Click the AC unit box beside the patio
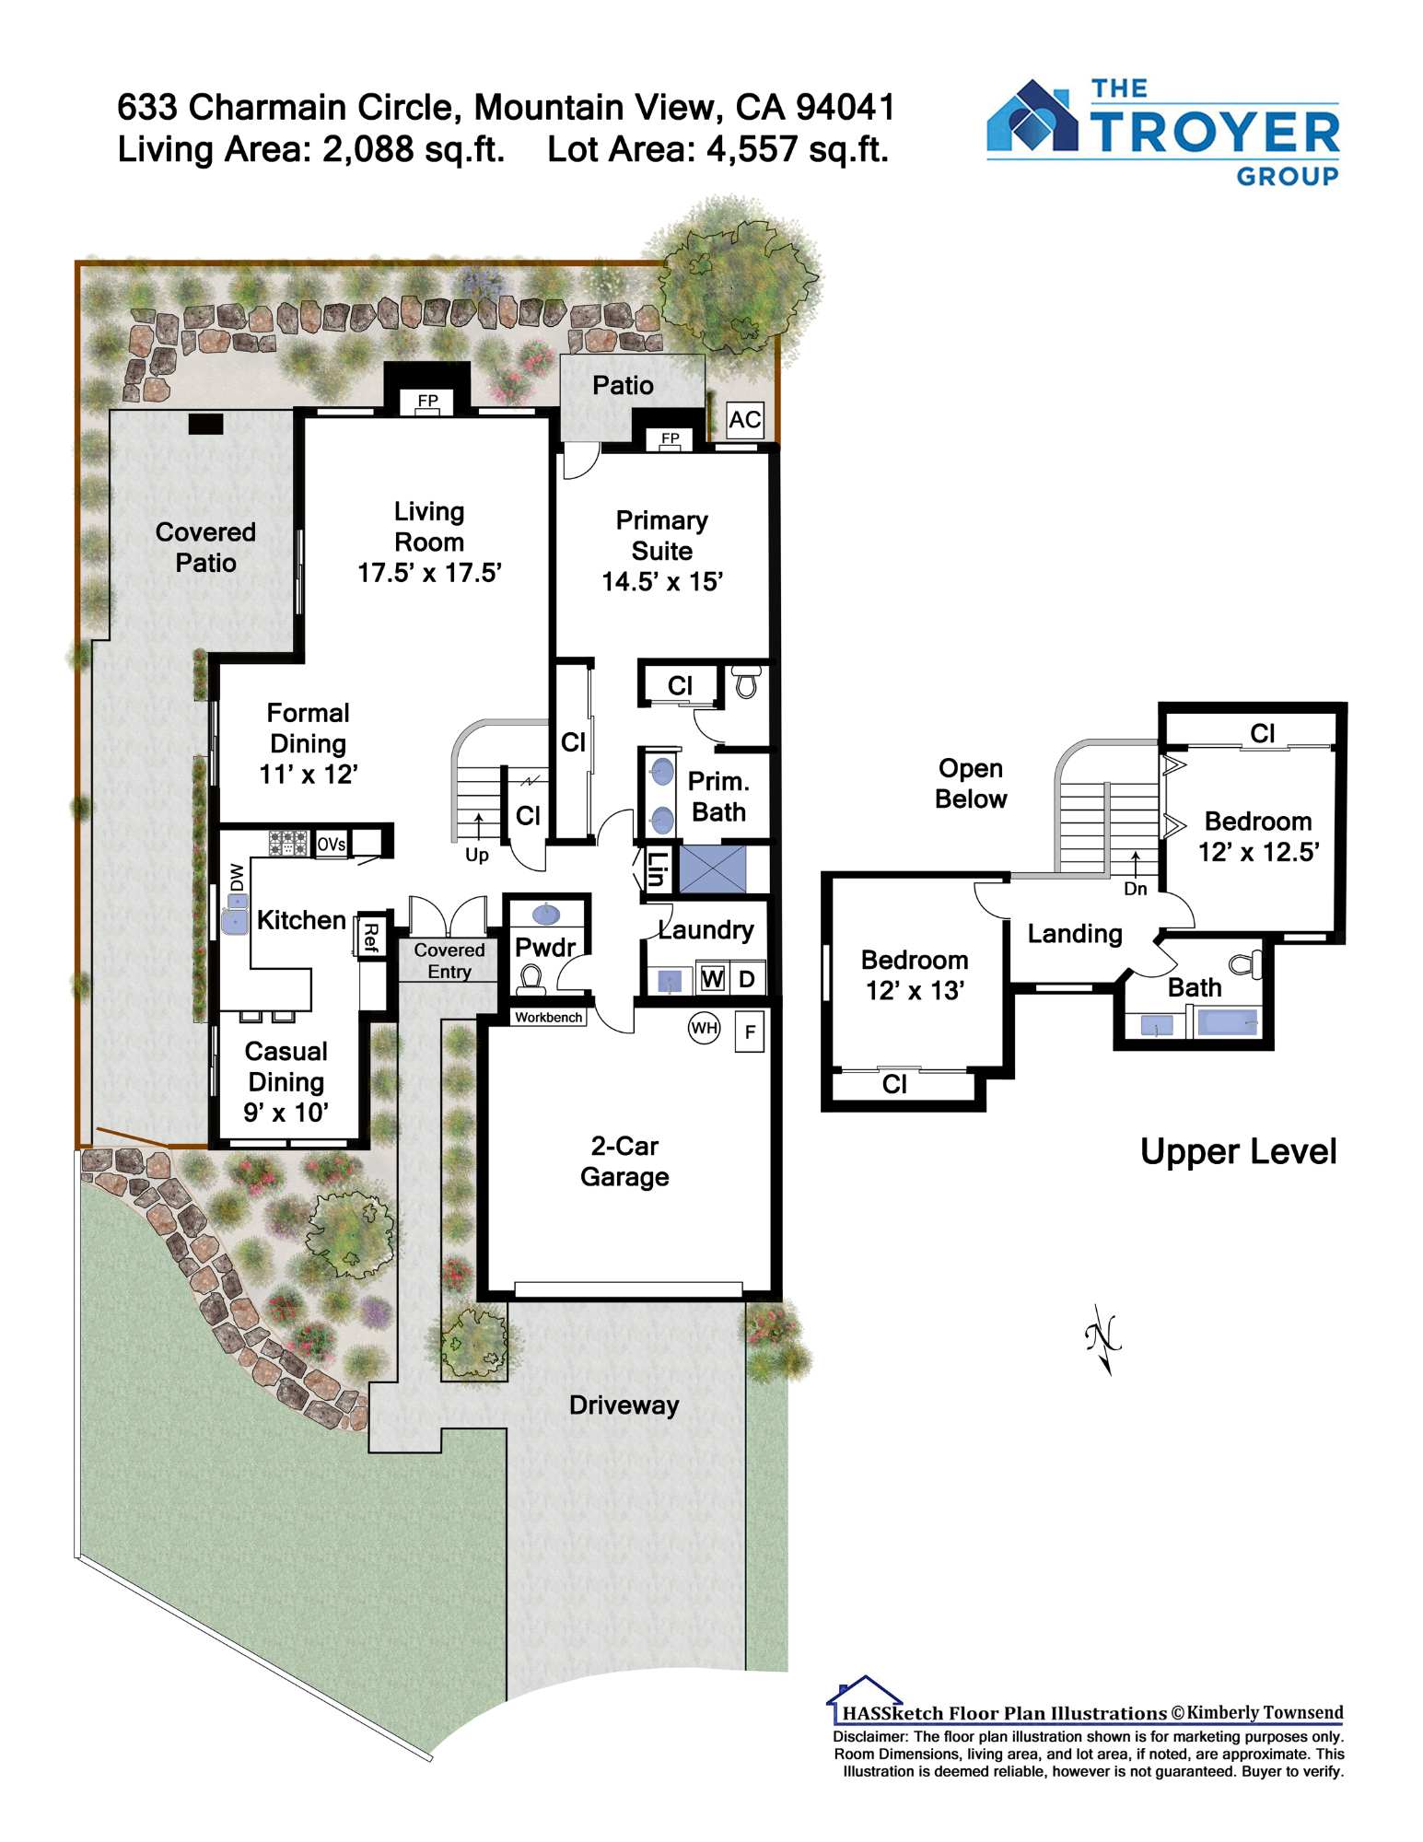pos(744,420)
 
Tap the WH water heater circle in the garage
pos(705,1028)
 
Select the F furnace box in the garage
pos(750,1032)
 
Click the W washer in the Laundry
pos(712,978)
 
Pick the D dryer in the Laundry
pos(747,978)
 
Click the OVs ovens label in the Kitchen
pos(332,844)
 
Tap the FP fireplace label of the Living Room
pos(428,401)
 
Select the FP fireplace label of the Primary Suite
pos(671,438)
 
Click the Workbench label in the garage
pos(549,1017)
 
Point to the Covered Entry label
pos(449,961)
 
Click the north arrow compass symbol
pos(1103,1339)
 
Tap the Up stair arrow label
pos(477,855)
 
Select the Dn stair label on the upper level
pos(1136,889)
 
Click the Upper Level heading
pos(1238,1151)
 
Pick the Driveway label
pos(624,1405)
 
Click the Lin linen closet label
pos(657,869)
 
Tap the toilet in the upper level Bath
pos(1246,963)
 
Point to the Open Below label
pos(971,784)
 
